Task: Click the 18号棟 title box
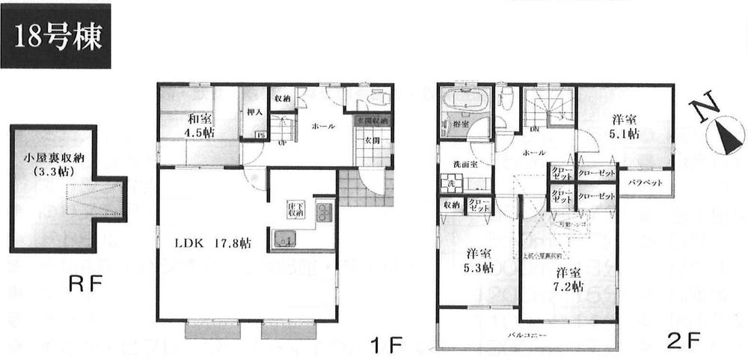(56, 36)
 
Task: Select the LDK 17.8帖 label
(213, 243)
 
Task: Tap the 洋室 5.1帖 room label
(625, 126)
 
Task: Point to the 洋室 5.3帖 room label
(479, 260)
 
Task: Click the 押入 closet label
(254, 113)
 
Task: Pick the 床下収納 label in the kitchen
(293, 209)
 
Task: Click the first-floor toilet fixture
(373, 101)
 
